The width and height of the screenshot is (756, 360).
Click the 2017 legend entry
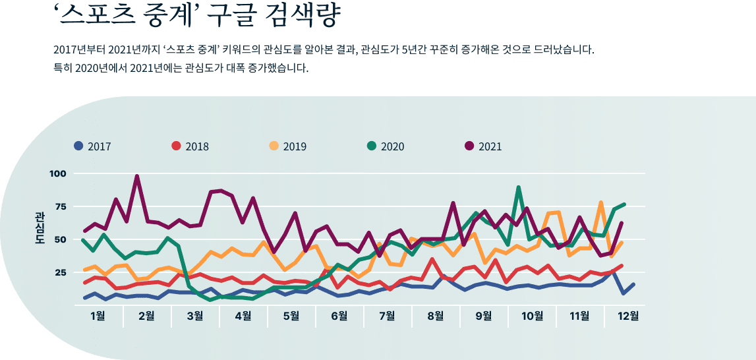tap(92, 146)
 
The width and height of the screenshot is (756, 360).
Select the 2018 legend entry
tap(190, 146)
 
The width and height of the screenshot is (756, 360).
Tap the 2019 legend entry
tap(288, 146)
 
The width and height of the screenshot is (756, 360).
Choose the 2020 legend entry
tap(386, 146)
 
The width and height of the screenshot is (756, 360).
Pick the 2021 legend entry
tap(483, 146)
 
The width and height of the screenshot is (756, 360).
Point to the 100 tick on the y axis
tap(58, 173)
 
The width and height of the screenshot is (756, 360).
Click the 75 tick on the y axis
tap(61, 206)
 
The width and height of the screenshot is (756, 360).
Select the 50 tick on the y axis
tap(61, 239)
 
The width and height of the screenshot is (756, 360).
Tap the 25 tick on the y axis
tap(61, 272)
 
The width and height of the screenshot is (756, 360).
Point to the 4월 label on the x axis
tap(243, 316)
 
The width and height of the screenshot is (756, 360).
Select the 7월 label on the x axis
tap(388, 316)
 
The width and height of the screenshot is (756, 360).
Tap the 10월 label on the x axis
tap(531, 316)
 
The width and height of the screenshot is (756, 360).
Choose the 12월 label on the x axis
tap(628, 316)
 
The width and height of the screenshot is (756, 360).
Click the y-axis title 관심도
tap(40, 228)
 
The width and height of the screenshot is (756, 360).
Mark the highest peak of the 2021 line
tap(136, 177)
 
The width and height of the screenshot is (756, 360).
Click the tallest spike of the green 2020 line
tap(519, 188)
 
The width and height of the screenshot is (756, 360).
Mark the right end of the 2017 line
tap(633, 284)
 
